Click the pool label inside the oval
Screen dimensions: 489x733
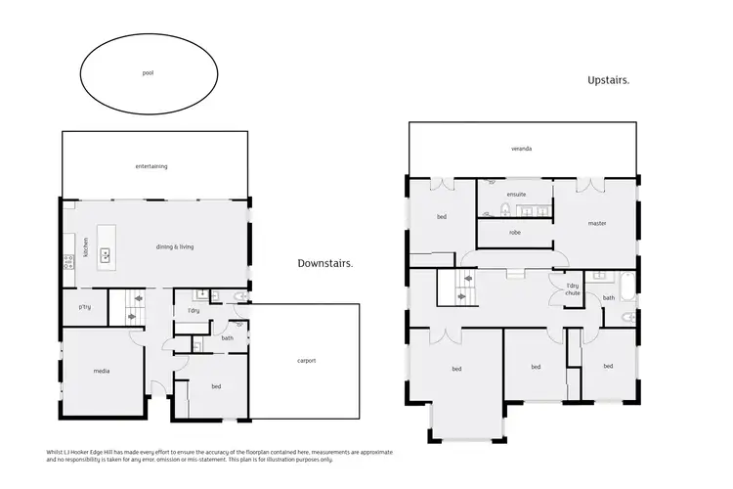tap(148, 72)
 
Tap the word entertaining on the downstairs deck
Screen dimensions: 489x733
tap(151, 166)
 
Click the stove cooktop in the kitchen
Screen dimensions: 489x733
tap(67, 262)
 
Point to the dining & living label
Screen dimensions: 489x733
tap(175, 246)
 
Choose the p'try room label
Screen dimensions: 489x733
tap(84, 308)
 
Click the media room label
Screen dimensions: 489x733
tap(101, 372)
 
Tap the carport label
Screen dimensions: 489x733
tap(306, 361)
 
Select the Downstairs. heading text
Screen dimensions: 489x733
tap(325, 263)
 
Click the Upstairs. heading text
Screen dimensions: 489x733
tap(607, 80)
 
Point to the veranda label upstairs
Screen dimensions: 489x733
tap(521, 149)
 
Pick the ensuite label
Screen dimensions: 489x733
tap(516, 194)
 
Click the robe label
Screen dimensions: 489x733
tap(514, 233)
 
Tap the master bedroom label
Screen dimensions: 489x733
tap(597, 223)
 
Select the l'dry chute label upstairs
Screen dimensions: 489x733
tap(572, 290)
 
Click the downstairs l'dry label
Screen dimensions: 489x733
tap(194, 311)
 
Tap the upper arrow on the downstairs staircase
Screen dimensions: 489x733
tap(133, 301)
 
